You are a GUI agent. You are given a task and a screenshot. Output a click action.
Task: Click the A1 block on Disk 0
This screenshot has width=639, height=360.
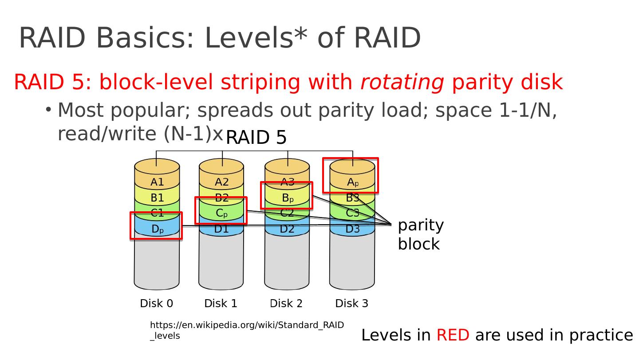point(157,182)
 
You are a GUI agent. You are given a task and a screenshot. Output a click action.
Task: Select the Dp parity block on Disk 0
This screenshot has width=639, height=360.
point(157,229)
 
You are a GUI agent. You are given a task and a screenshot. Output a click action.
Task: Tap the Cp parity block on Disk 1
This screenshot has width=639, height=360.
point(221,213)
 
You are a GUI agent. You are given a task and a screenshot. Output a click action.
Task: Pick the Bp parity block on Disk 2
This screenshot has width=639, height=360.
point(287,197)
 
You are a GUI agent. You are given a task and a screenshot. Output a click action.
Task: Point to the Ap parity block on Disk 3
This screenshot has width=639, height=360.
point(352,182)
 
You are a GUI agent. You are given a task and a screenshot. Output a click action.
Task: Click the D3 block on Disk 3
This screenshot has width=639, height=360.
point(352,229)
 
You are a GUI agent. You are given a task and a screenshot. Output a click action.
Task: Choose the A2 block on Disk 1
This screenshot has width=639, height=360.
point(222,182)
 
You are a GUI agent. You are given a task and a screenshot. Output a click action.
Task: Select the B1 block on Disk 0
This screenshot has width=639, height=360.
point(157,198)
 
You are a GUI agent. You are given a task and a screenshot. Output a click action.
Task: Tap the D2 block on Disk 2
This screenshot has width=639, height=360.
point(287,229)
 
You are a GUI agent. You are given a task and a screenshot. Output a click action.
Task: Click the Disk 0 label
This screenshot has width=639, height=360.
point(156,303)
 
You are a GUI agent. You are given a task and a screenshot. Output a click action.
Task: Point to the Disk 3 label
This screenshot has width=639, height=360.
point(351,303)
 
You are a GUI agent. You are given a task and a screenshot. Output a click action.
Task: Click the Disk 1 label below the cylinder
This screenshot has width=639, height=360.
point(221,303)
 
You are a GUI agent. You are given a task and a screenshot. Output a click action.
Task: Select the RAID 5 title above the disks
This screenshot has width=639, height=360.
point(256,138)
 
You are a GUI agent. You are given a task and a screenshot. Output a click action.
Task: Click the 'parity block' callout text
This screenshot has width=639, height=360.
point(420,234)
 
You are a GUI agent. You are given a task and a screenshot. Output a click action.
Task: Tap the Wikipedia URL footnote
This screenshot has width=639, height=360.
point(246,330)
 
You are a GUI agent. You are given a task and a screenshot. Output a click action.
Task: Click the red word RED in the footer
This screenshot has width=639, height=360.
point(453,335)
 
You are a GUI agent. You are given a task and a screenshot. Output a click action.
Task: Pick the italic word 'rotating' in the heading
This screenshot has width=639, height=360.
point(402,82)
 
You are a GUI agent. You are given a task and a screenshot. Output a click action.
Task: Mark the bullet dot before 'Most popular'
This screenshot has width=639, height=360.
point(48,108)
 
